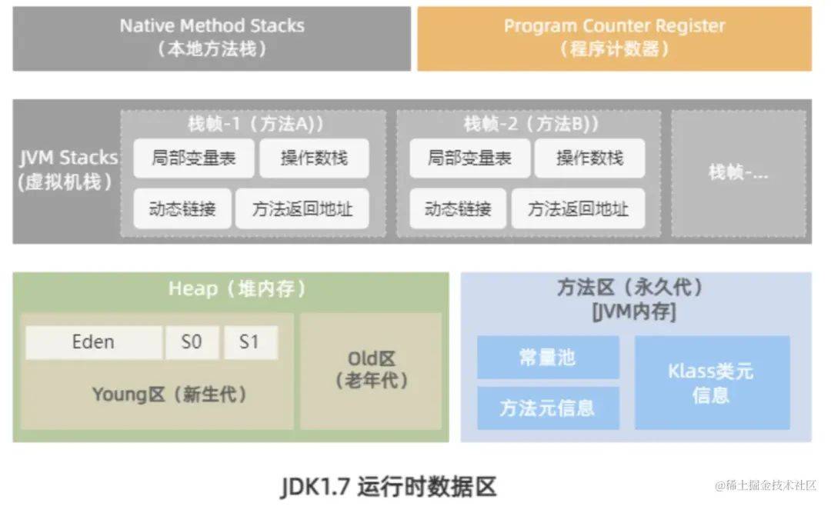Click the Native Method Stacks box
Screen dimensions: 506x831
[212, 38]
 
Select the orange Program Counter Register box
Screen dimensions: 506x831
[614, 38]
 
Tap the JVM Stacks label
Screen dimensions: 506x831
[68, 170]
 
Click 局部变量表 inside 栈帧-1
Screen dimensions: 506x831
[193, 158]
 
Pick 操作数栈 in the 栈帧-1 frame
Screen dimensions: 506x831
[313, 158]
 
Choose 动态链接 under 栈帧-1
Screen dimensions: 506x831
[182, 208]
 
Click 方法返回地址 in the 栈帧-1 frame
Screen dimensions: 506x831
[302, 208]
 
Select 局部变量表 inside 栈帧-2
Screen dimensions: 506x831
[469, 158]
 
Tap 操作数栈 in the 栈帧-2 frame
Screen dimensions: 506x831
[589, 158]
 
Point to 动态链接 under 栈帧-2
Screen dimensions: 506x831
[457, 208]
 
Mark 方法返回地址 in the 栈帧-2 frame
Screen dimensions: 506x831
[578, 208]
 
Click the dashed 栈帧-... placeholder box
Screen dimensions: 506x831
[739, 172]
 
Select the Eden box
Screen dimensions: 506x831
[94, 342]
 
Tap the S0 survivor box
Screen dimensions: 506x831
[192, 342]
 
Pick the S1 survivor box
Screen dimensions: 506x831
[250, 342]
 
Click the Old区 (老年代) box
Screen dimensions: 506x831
[371, 370]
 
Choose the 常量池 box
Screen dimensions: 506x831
[548, 358]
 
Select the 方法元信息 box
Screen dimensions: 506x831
[548, 408]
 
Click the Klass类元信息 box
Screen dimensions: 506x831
[712, 382]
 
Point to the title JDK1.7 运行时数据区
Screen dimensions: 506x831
[389, 486]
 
